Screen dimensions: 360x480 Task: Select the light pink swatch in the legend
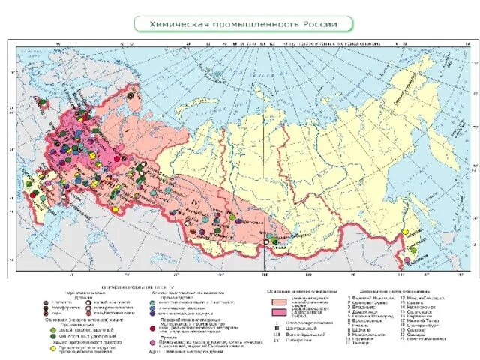(275, 301)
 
